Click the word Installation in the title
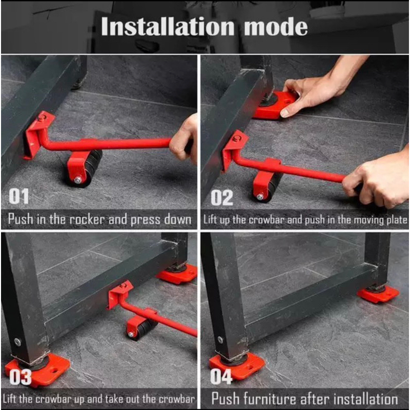coord(168,27)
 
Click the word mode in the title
coord(276,27)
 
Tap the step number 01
coord(18,196)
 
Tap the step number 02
coord(222,198)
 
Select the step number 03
coord(20,377)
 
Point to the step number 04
coord(221,377)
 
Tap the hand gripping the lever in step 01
coord(184,141)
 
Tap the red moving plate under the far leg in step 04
coord(378,294)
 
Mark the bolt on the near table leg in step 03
coord(17,341)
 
